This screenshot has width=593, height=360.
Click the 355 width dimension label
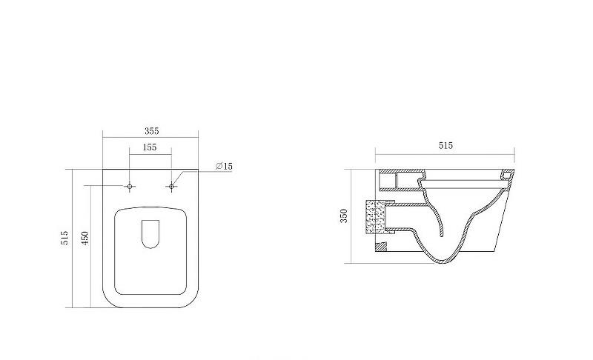[152, 131]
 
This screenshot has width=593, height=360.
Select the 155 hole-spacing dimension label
[150, 147]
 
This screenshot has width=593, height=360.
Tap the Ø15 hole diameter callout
[225, 166]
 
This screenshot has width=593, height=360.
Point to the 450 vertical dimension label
[85, 238]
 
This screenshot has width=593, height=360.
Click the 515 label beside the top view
[64, 238]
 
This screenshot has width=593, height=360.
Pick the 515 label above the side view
[445, 145]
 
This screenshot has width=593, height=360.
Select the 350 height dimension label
[343, 216]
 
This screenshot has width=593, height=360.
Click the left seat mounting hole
[130, 186]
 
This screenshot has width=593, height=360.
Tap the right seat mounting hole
[171, 186]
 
